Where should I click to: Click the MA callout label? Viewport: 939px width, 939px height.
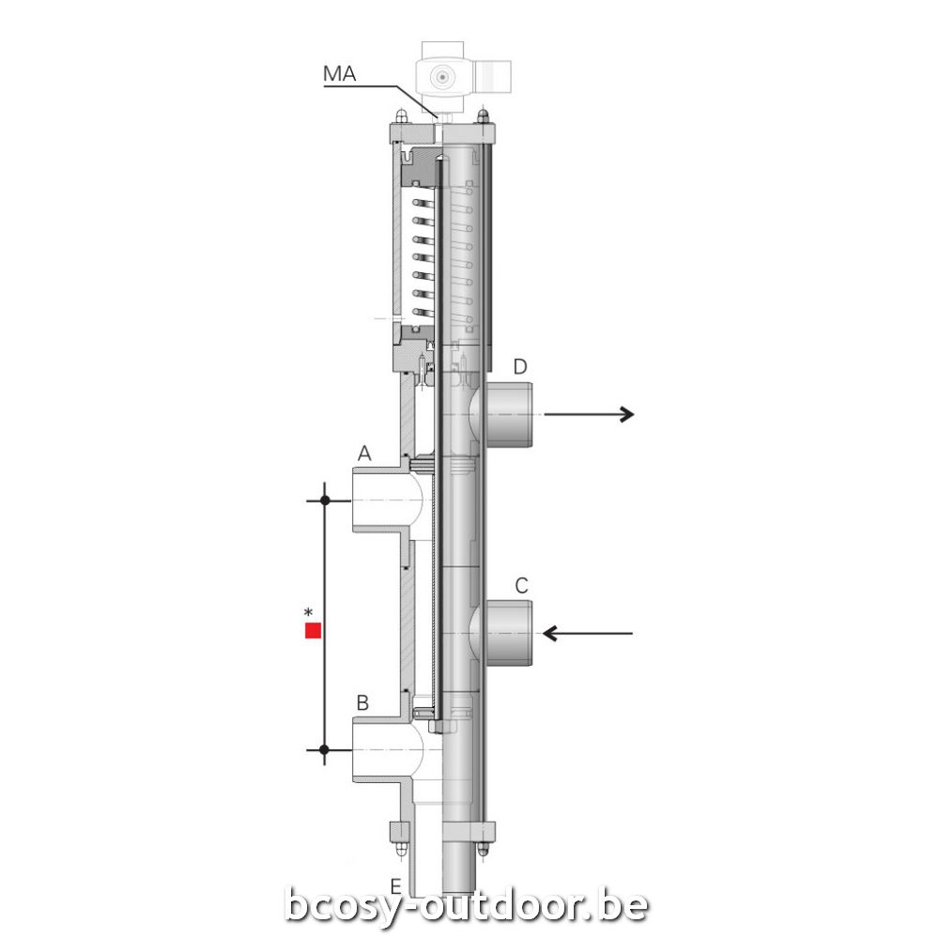340,73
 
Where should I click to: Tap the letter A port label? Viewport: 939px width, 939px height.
364,454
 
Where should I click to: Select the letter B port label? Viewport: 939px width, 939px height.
362,702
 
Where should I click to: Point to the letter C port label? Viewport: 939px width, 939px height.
521,586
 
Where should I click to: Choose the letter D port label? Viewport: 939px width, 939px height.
520,366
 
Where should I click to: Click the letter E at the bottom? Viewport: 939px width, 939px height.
396,886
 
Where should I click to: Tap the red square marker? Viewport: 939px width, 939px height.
314,631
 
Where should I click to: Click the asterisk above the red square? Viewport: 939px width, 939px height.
308,612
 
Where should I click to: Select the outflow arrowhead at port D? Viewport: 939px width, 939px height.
626,414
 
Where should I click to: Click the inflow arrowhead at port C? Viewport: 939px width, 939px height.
550,633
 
